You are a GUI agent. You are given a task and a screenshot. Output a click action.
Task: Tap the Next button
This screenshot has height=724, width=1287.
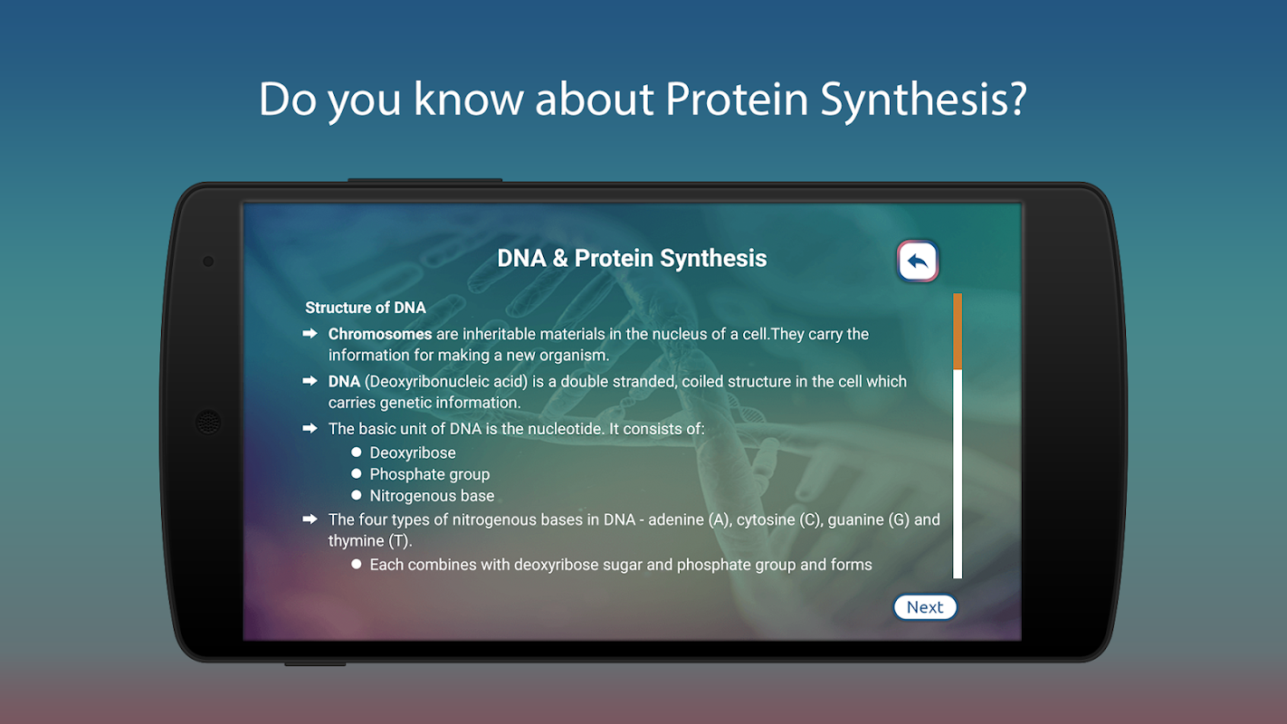tap(925, 606)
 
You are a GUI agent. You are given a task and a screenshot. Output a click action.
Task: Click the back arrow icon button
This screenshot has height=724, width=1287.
tap(918, 261)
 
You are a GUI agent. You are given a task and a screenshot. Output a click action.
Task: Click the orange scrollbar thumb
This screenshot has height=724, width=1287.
tap(958, 331)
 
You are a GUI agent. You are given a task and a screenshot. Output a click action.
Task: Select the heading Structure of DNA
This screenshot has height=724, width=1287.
tap(366, 308)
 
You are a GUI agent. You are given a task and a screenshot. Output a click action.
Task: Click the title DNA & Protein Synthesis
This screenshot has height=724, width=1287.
tap(632, 258)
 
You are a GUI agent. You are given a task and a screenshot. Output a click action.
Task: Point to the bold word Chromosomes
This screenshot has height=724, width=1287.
tap(380, 334)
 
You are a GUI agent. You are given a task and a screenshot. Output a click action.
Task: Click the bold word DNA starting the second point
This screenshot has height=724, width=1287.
tap(344, 381)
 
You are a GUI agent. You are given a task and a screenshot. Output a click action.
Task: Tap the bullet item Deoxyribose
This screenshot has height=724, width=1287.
tap(413, 452)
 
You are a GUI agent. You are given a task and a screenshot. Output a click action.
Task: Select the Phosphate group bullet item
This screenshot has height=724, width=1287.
tap(430, 474)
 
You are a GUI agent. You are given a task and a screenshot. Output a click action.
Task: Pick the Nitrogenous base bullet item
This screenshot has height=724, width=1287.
tap(432, 495)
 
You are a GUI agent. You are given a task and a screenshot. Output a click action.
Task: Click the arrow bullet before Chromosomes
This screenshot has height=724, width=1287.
tap(310, 333)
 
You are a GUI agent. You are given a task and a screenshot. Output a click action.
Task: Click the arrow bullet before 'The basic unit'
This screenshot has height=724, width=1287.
tap(310, 428)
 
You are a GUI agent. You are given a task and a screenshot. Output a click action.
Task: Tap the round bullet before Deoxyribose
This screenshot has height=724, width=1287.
tap(357, 452)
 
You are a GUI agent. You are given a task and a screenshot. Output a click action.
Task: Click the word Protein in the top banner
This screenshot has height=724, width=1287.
tap(737, 99)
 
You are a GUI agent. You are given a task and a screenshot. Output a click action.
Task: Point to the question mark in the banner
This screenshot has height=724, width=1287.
tap(1016, 99)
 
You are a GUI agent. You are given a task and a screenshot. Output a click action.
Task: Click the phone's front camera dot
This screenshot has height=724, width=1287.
tap(208, 262)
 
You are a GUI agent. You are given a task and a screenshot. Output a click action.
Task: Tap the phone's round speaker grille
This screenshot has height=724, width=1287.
tap(208, 423)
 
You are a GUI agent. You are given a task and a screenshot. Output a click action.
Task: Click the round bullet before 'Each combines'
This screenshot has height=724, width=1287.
tap(357, 564)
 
